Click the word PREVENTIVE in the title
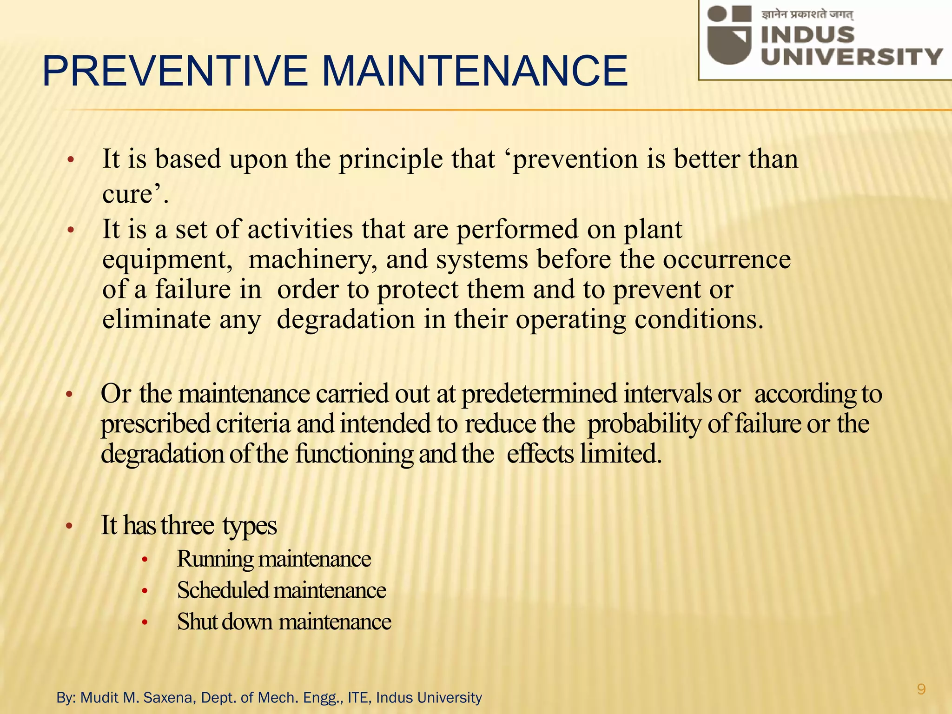pyautogui.click(x=174, y=71)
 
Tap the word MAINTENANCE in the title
pyautogui.click(x=474, y=71)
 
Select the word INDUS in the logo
pyautogui.click(x=808, y=35)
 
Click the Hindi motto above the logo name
pyautogui.click(x=807, y=15)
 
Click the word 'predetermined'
pyautogui.click(x=539, y=394)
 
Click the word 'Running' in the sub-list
pyautogui.click(x=215, y=559)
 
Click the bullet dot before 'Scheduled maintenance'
pyautogui.click(x=145, y=591)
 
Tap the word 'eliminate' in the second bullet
pyautogui.click(x=157, y=320)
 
